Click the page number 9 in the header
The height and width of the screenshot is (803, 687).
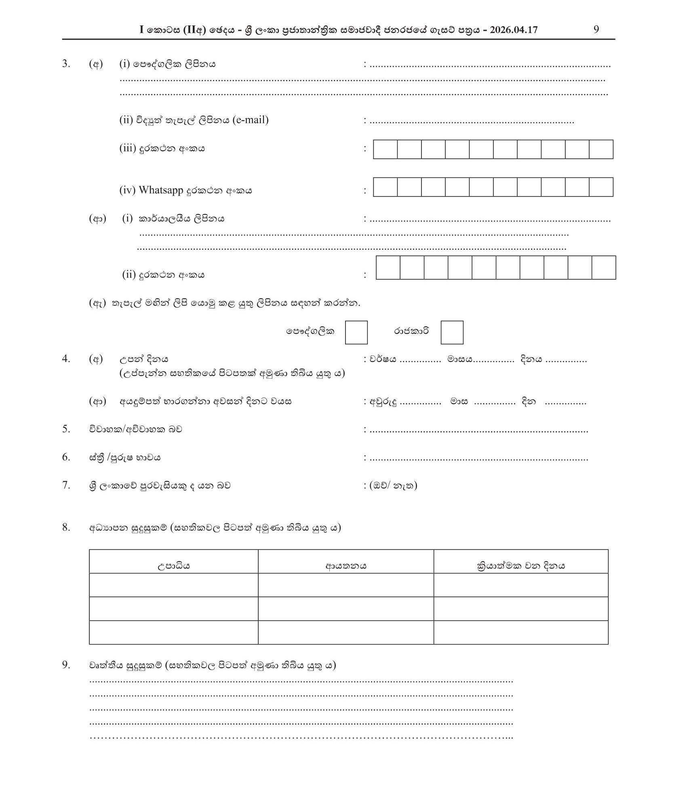(x=596, y=30)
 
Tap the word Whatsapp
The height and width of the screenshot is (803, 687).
(x=161, y=190)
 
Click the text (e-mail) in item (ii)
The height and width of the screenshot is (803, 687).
(x=251, y=120)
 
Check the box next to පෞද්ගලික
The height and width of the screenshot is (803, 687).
(x=356, y=332)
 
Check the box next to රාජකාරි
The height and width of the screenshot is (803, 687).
(x=452, y=332)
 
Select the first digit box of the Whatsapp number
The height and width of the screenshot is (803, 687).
(x=385, y=187)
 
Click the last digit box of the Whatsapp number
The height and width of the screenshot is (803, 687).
(x=601, y=187)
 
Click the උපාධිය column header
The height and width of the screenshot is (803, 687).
(x=173, y=566)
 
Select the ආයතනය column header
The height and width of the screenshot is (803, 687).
(x=346, y=566)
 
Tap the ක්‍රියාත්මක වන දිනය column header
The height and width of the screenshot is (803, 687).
(x=521, y=566)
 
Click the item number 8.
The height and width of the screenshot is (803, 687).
(x=66, y=527)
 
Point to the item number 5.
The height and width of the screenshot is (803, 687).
(x=66, y=429)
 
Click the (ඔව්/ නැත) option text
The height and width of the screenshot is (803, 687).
(x=393, y=485)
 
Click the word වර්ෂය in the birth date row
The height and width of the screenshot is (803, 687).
(x=383, y=359)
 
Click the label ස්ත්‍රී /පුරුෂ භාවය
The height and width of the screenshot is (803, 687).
(x=125, y=457)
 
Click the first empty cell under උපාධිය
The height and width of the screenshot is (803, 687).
(x=173, y=585)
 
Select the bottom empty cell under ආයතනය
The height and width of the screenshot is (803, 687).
(x=346, y=632)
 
